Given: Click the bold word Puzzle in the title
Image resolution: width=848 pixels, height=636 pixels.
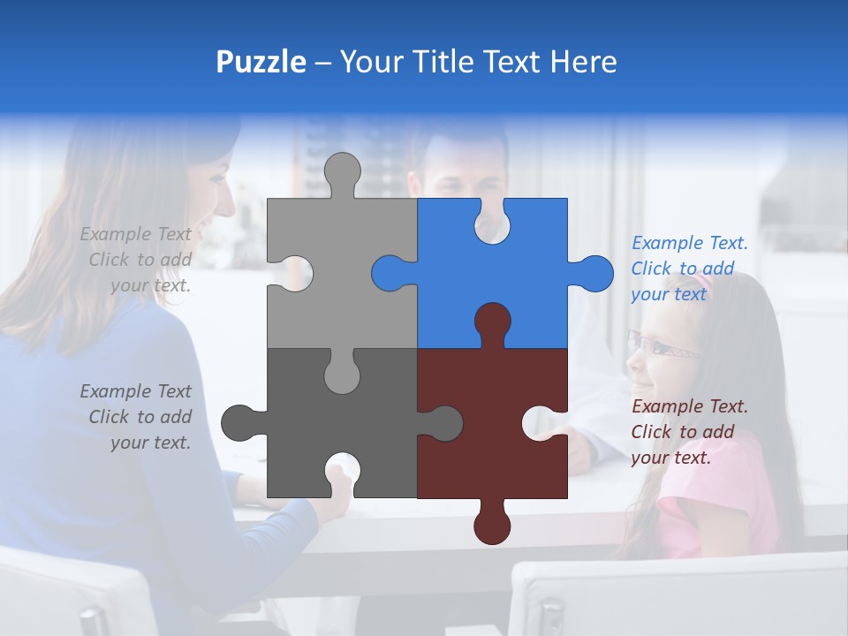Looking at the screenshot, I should click(x=261, y=62).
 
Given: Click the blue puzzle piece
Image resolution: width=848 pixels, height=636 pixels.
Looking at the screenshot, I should click(x=521, y=283).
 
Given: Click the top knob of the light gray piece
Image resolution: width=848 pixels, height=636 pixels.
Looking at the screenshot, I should click(x=342, y=172).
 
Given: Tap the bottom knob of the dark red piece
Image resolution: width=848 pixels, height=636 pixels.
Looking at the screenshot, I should click(x=492, y=523).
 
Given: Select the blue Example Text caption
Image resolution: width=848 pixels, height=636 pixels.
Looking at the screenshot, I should click(x=689, y=269).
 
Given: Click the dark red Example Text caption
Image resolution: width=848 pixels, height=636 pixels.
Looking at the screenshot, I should click(x=689, y=432).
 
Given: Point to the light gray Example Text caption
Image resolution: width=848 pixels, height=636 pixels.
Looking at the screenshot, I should click(x=136, y=260).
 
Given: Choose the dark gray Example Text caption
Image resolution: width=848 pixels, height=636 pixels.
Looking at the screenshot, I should click(x=136, y=417).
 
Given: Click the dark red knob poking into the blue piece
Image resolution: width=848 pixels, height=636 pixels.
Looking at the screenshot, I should click(x=492, y=322).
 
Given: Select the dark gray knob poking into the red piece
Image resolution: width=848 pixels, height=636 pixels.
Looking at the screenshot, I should click(x=442, y=423).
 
